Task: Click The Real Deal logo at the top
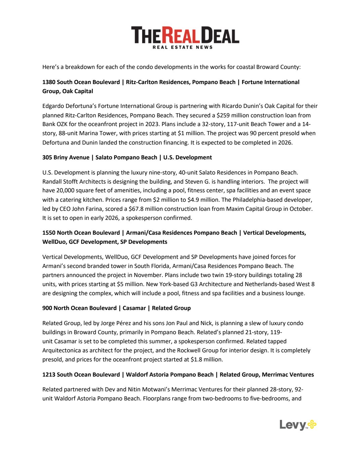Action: pyautogui.click(x=185, y=35)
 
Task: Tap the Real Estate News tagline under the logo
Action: pyautogui.click(x=183, y=47)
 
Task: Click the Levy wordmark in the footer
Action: pyautogui.click(x=292, y=425)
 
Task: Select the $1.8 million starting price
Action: pyautogui.click(x=206, y=359)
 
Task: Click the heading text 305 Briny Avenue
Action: pyautogui.click(x=66, y=157)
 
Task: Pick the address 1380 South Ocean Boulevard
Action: pyautogui.click(x=81, y=82)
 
